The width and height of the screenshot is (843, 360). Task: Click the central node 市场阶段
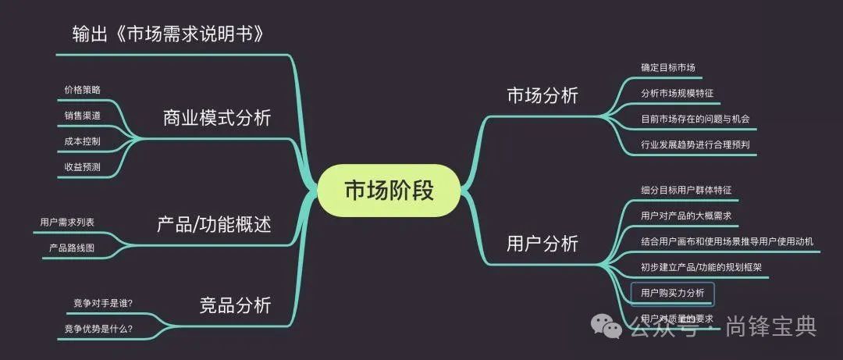(x=388, y=191)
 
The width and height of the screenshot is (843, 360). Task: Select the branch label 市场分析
(x=542, y=95)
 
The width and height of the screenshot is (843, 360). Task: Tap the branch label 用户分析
(x=542, y=244)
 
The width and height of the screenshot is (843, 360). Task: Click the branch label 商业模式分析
(x=216, y=118)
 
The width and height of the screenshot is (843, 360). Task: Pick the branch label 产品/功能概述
(x=214, y=225)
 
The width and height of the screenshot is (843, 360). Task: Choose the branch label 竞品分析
(x=235, y=305)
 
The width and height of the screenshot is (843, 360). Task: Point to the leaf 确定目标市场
(x=667, y=68)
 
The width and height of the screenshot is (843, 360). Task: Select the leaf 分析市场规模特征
(x=677, y=93)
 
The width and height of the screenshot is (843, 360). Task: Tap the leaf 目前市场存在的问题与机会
(x=695, y=119)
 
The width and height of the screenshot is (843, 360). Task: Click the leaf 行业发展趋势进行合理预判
(x=695, y=144)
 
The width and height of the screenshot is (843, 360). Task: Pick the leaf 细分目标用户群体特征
(x=685, y=190)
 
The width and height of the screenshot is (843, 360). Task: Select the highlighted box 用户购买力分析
(x=672, y=293)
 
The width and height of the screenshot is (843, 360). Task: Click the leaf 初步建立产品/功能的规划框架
(x=701, y=267)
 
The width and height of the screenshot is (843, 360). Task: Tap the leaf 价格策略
(x=82, y=89)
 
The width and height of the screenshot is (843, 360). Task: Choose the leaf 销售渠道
(x=82, y=115)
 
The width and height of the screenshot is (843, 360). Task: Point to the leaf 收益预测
(x=82, y=166)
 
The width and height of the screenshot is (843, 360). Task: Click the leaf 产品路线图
(x=73, y=248)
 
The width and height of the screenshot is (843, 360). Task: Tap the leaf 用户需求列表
(x=67, y=222)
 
